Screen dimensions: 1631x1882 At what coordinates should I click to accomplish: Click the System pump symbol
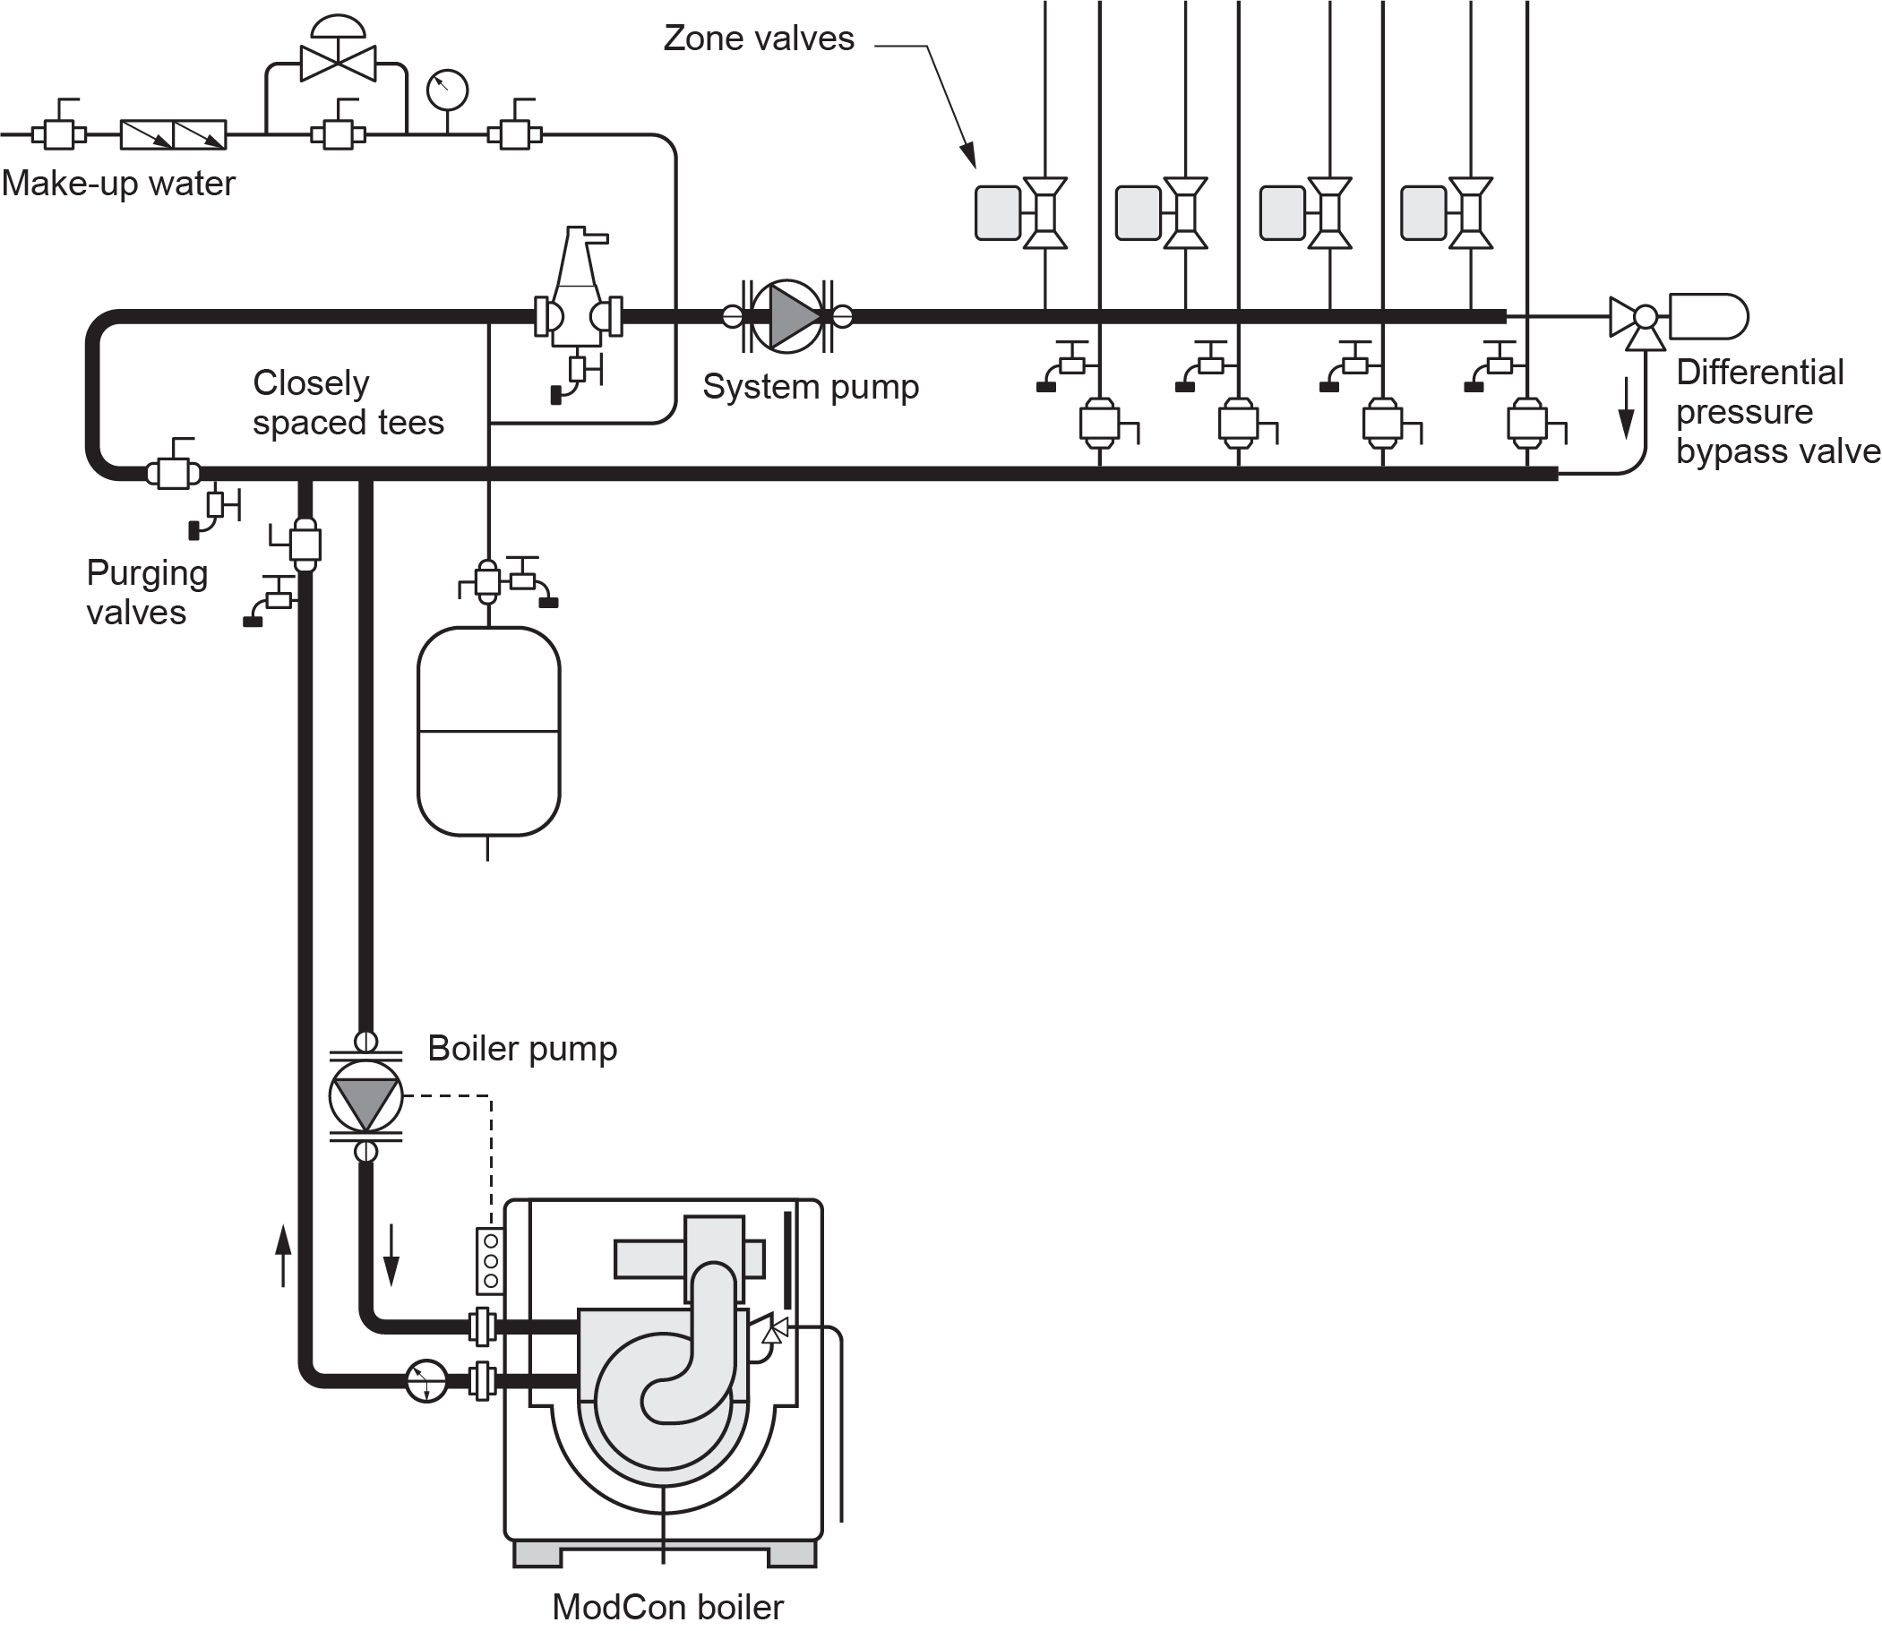pyautogui.click(x=787, y=317)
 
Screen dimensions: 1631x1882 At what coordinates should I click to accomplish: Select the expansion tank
pyautogui.click(x=489, y=732)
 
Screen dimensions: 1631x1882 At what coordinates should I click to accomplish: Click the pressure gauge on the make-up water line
pyautogui.click(x=447, y=90)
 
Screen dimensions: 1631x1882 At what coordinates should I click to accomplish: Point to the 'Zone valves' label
pyautogui.click(x=758, y=39)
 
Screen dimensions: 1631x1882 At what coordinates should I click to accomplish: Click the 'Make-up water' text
pyautogui.click(x=118, y=184)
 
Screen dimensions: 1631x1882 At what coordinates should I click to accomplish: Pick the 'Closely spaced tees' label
pyautogui.click(x=348, y=402)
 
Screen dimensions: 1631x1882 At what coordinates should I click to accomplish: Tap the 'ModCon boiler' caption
pyautogui.click(x=667, y=1608)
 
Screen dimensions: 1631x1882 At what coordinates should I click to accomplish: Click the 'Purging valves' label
pyautogui.click(x=147, y=593)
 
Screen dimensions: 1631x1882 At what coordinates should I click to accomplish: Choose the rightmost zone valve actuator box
pyautogui.click(x=1424, y=213)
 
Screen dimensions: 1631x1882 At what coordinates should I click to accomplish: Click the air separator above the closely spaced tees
pyautogui.click(x=579, y=291)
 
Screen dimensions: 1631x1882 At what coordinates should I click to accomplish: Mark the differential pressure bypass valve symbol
pyautogui.click(x=1644, y=319)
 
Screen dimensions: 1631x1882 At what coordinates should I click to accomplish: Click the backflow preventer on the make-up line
pyautogui.click(x=173, y=134)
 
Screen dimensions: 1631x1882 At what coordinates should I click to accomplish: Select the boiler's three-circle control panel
pyautogui.click(x=491, y=1260)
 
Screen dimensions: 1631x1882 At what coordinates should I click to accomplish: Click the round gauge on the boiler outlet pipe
pyautogui.click(x=426, y=1381)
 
